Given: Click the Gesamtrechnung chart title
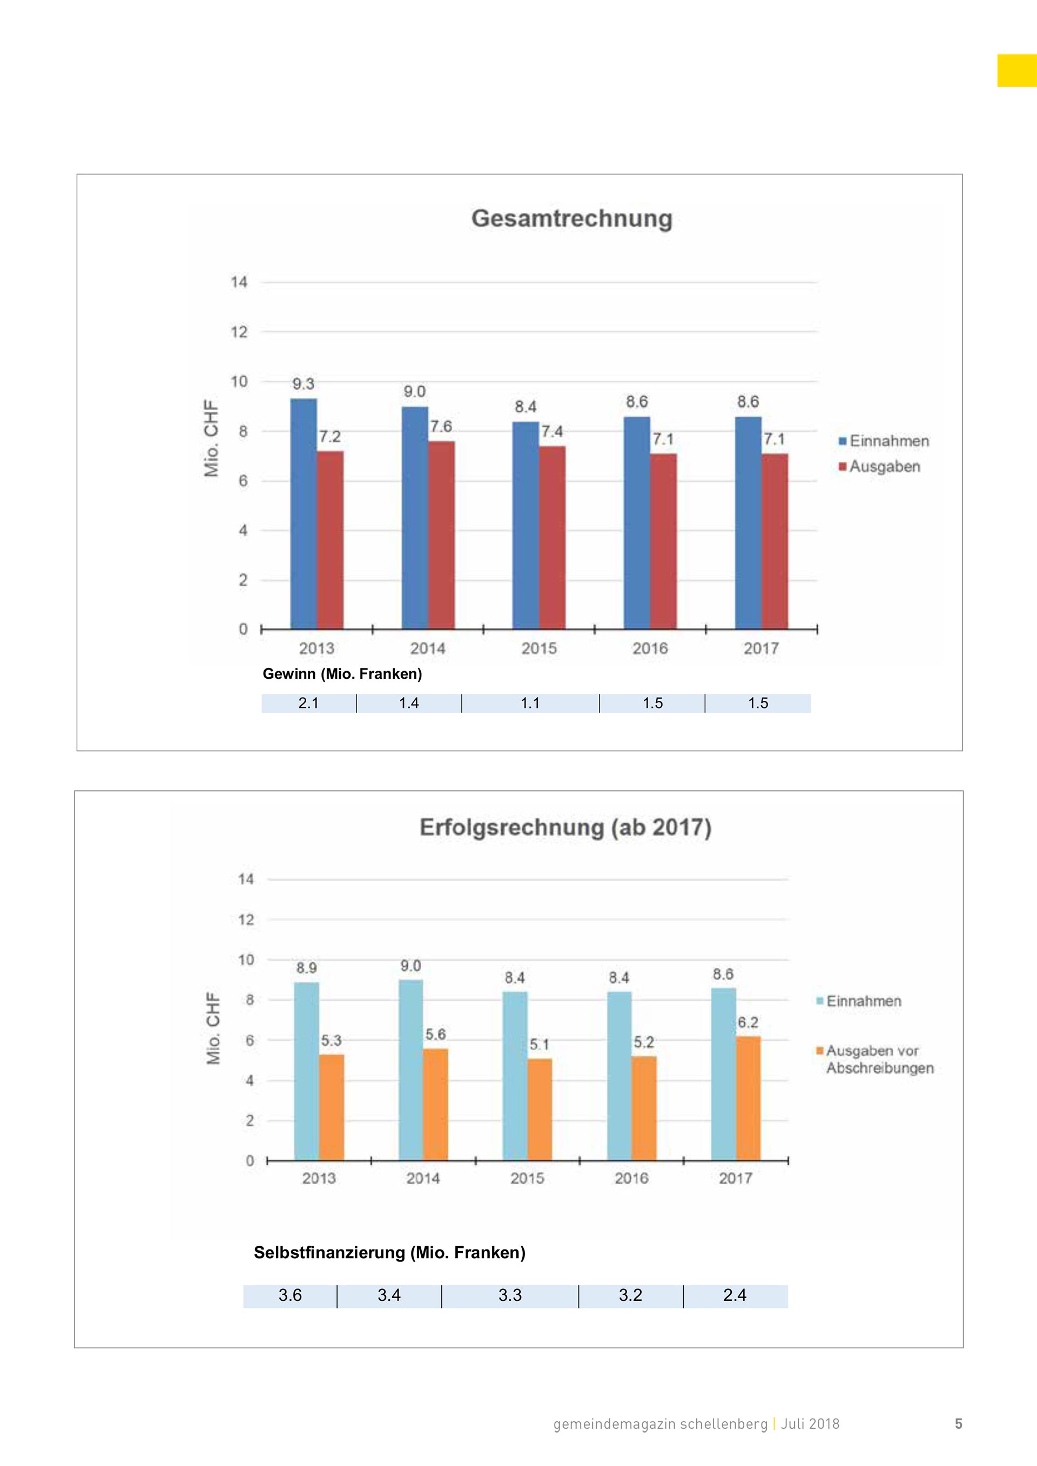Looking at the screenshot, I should [571, 218].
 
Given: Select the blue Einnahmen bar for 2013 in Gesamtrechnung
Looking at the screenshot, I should [304, 514].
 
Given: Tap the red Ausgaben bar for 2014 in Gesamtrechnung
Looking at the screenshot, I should [441, 535].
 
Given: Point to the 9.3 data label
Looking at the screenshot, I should [304, 384].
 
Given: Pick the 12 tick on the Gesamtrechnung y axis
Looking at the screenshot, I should [239, 332].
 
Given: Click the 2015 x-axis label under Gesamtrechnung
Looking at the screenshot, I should [539, 648].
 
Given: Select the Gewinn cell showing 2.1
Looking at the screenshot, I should [309, 703].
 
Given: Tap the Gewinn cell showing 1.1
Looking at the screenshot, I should [530, 703].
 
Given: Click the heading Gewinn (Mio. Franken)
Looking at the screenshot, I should [342, 674].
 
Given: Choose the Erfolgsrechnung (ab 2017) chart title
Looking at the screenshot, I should [565, 828].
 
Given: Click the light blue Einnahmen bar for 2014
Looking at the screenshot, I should [410, 1070].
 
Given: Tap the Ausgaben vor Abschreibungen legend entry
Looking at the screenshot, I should [875, 1059].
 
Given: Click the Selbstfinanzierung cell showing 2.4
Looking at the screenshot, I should [735, 1295].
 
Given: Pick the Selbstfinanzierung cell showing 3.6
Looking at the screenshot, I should [290, 1295].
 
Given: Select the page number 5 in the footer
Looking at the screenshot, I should [958, 1424].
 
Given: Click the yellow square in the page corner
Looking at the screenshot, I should [1016, 70].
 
